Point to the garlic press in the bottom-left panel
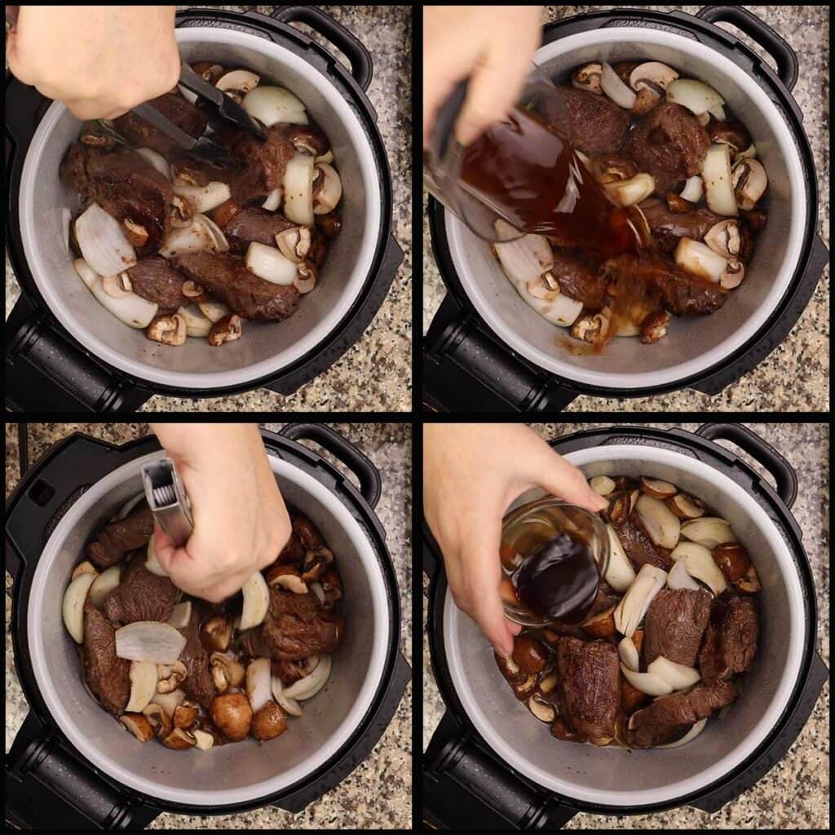pos(167,497)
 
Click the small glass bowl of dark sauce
pos(554,563)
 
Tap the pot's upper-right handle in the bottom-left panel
pos(338,461)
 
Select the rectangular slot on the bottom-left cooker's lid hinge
pos(41,493)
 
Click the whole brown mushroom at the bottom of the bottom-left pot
pos(232,714)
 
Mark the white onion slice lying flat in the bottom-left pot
pos(150,642)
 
